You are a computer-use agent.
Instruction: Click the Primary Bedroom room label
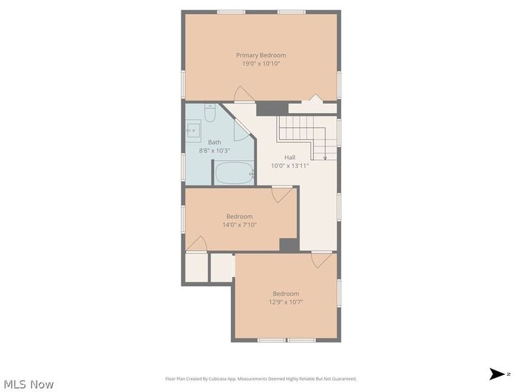261,56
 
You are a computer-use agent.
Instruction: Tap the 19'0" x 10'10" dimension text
261,64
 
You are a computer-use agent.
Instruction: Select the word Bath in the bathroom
214,142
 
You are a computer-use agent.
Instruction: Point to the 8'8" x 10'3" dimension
214,150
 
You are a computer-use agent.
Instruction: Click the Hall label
290,157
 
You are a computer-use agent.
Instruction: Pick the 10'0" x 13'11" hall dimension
290,166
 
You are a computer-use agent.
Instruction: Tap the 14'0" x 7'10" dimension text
239,225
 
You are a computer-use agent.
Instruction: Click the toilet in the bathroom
209,114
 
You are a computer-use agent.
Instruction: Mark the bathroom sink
194,131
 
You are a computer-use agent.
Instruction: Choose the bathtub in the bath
234,174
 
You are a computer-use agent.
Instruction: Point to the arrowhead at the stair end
325,157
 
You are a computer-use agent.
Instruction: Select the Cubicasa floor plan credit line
261,379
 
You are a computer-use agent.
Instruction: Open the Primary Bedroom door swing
244,95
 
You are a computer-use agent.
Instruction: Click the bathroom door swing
241,130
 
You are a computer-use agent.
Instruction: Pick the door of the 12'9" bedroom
322,259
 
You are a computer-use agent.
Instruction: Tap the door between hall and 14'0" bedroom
282,194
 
